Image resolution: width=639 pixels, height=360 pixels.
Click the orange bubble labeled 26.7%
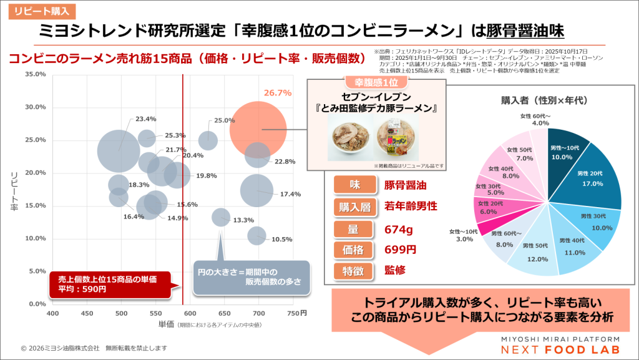258,129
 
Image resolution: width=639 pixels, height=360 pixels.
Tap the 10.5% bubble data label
282,239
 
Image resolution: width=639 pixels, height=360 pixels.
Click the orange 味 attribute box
354,185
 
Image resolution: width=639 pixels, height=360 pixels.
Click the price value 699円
400,250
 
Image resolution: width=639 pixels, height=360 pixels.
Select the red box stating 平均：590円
110,284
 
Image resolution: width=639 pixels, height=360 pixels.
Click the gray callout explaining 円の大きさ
251,276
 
